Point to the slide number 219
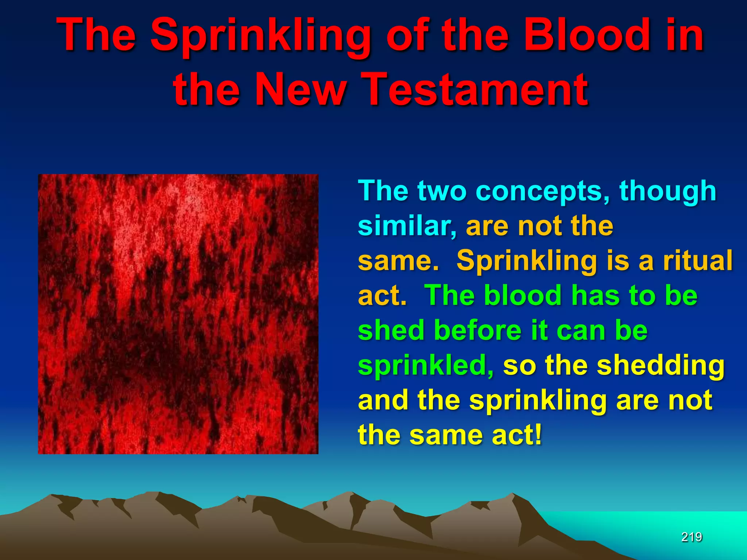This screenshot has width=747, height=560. click(692, 537)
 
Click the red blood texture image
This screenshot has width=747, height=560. click(178, 314)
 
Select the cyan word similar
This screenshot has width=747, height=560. click(407, 226)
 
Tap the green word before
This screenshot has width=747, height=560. click(478, 330)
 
